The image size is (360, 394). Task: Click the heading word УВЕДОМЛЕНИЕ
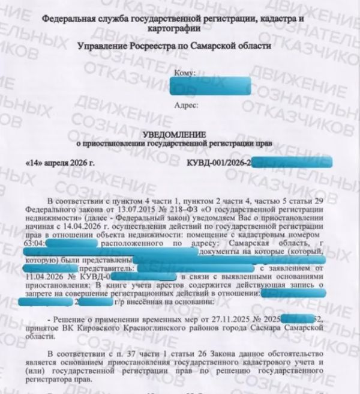point(181,134)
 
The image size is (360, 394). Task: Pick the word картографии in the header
point(181,29)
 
